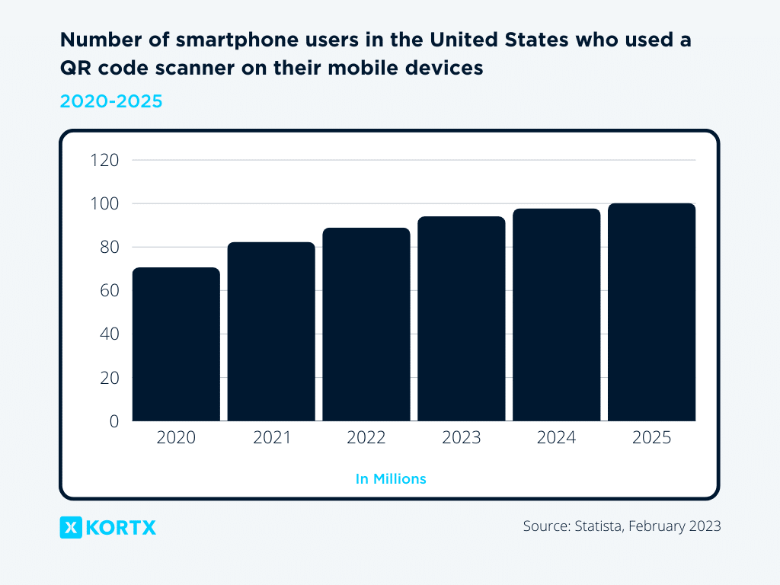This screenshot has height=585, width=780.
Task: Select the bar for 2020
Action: click(176, 344)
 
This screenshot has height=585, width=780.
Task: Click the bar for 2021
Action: click(271, 331)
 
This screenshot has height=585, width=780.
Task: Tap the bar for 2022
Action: click(366, 324)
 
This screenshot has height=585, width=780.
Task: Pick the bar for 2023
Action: click(462, 318)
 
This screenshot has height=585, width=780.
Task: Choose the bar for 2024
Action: click(557, 315)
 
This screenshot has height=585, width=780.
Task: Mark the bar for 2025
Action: click(651, 312)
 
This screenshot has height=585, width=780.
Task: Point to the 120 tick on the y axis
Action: click(105, 160)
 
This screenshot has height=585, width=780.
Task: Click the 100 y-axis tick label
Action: click(105, 203)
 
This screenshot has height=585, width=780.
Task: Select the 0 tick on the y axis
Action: click(113, 420)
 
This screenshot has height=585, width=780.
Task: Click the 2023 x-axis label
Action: click(462, 438)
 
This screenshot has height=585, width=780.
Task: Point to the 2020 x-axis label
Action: click(176, 438)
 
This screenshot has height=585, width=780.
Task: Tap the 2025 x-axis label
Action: click(651, 438)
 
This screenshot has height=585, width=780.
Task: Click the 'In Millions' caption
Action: click(390, 479)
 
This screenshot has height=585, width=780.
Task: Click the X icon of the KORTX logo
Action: click(71, 527)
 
